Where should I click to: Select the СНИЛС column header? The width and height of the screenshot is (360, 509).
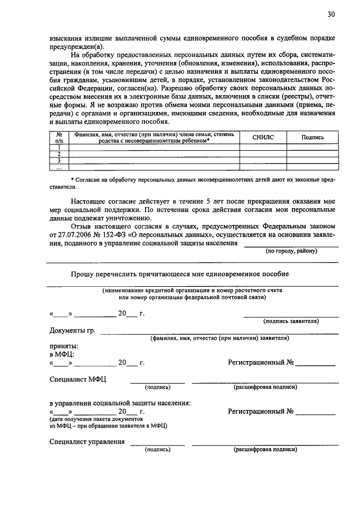tap(263, 137)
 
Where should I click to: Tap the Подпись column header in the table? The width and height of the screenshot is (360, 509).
tap(312, 137)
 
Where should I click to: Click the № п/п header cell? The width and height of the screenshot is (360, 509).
tap(58, 137)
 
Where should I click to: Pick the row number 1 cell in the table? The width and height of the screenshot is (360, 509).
tap(58, 147)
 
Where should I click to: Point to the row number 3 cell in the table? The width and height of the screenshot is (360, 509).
tap(58, 160)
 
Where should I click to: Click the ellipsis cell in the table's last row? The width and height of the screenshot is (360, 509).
tap(58, 167)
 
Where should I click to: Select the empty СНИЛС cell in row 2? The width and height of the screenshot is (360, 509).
tap(263, 154)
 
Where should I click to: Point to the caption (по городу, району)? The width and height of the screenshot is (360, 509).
tap(291, 251)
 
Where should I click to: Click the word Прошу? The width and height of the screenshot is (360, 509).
tap(83, 274)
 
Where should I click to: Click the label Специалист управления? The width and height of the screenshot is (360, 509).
tap(87, 442)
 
